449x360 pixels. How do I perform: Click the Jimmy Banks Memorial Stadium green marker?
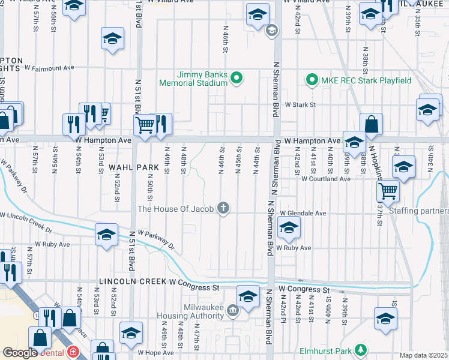pyautogui.click(x=237, y=77)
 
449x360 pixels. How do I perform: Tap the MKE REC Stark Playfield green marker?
pyautogui.click(x=312, y=79)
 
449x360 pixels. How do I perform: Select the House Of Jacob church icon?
pyautogui.click(x=223, y=208)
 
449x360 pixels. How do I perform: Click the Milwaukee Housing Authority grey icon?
pyautogui.click(x=232, y=309)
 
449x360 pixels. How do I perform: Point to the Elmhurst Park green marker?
pyautogui.click(x=360, y=349)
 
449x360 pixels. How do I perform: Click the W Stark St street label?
pyautogui.click(x=300, y=104)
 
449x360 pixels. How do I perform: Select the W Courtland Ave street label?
pyautogui.click(x=325, y=179)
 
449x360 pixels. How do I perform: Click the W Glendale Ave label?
pyautogui.click(x=303, y=213)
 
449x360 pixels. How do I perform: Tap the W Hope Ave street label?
pyautogui.click(x=155, y=353)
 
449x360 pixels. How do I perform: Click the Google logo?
pyautogui.click(x=19, y=353)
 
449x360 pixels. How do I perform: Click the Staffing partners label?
pyautogui.click(x=418, y=211)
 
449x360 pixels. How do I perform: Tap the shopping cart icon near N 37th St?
pyautogui.click(x=388, y=191)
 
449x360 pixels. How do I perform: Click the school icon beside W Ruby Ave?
pyautogui.click(x=289, y=228)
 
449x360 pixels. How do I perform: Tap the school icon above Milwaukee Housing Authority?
pyautogui.click(x=248, y=295)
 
